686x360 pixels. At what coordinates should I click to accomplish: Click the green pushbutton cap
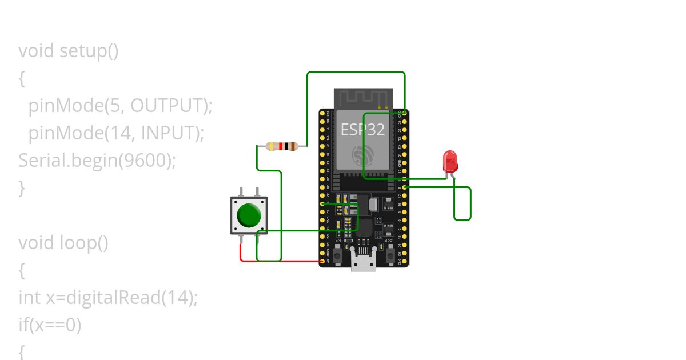click(249, 214)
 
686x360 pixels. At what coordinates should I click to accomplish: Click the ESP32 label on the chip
click(362, 130)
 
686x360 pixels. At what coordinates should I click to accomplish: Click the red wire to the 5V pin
click(280, 262)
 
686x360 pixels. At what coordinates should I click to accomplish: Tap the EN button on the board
click(338, 255)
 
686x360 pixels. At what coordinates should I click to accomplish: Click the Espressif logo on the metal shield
click(362, 155)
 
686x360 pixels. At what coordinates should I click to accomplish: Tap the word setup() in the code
click(89, 51)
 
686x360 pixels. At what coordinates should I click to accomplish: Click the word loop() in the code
click(84, 243)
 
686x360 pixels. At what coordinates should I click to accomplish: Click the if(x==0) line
click(50, 325)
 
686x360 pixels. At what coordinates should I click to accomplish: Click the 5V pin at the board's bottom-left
click(322, 262)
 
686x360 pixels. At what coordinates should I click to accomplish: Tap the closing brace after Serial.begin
click(22, 187)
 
